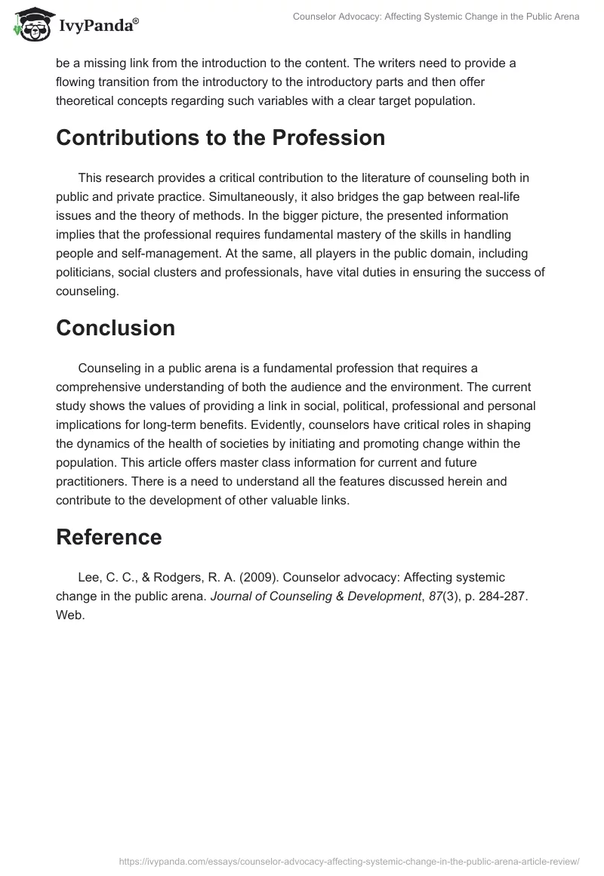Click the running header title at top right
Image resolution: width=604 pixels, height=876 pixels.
coord(435,17)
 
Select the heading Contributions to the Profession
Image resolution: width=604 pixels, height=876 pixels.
coord(220,137)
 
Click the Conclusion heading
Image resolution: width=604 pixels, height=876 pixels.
coord(116,328)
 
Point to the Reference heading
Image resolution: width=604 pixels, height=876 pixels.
coord(109,537)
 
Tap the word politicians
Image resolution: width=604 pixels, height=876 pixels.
coord(88,272)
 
